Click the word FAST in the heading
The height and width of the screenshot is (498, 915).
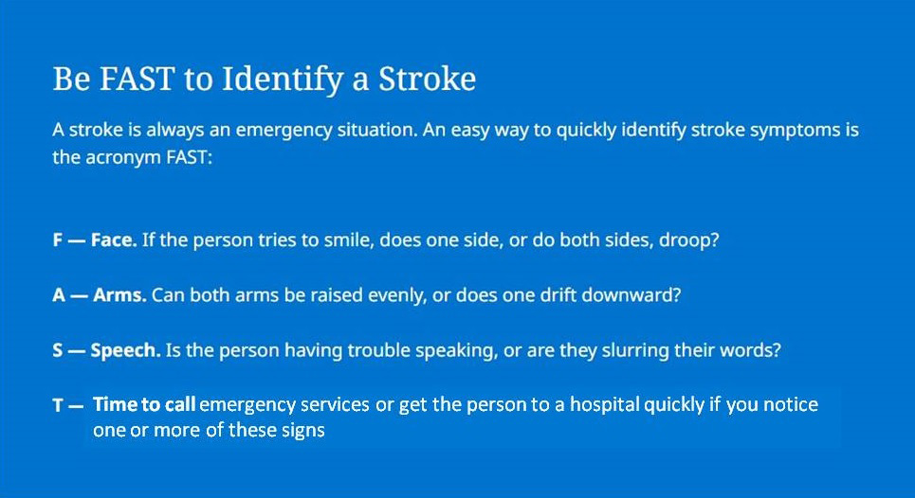coord(137,79)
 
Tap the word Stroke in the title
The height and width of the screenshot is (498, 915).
coord(427,79)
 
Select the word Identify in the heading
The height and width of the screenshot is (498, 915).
coord(282,80)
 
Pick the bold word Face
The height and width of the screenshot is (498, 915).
coord(114,240)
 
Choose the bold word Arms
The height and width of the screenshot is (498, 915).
coord(119,294)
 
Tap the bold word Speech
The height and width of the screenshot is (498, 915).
coord(125,350)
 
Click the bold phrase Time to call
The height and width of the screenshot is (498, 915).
coord(144,404)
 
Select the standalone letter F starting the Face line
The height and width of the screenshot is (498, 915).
coord(57,240)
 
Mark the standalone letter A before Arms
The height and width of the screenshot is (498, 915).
coord(59,294)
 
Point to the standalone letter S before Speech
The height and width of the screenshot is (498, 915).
coord(57,350)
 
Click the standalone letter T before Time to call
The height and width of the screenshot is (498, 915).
coord(58,405)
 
